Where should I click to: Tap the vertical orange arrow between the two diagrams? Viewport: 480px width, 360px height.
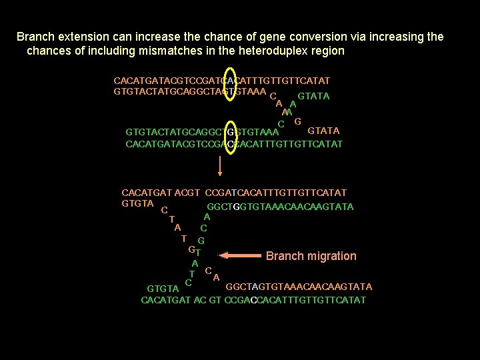click(x=219, y=164)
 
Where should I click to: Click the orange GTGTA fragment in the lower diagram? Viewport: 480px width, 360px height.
click(x=137, y=203)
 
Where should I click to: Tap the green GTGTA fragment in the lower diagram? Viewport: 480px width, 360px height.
click(x=163, y=289)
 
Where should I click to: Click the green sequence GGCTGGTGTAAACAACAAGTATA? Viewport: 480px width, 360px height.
click(x=280, y=207)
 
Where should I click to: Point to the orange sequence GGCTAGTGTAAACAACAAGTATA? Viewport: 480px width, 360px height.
click(x=299, y=287)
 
